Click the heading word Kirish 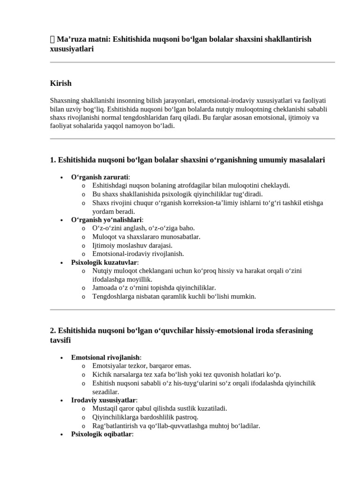(60, 83)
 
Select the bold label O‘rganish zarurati (99, 177)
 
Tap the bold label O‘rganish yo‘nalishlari (106, 219)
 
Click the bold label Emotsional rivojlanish (105, 357)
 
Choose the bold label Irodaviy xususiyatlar (103, 400)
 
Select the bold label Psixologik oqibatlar (101, 434)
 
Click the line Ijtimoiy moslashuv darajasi (132, 245)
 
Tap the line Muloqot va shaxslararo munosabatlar (146, 237)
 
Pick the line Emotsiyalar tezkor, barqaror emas (142, 366)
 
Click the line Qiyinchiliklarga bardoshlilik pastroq (145, 417)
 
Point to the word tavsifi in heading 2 (60, 340)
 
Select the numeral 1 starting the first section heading (52, 160)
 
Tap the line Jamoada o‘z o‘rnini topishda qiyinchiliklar (154, 288)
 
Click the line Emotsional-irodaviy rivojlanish (138, 254)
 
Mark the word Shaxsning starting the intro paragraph (63, 101)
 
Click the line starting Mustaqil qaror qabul (159, 408)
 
